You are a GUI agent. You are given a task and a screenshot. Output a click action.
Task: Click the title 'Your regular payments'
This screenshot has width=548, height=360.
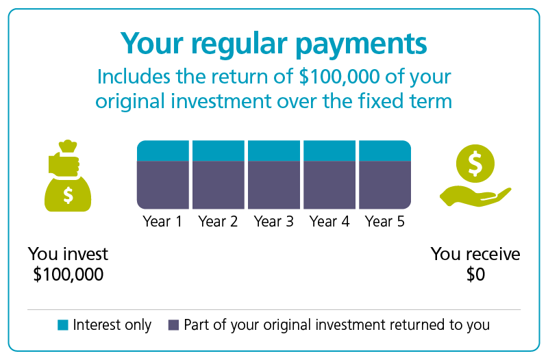tap(273, 44)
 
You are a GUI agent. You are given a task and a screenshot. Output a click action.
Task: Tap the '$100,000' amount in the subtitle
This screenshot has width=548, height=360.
tap(339, 77)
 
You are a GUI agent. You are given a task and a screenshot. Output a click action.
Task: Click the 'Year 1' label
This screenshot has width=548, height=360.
tap(162, 221)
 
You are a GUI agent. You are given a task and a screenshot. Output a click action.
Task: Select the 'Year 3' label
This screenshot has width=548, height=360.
tap(273, 221)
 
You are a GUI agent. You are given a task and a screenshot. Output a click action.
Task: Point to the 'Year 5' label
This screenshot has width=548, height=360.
tap(385, 221)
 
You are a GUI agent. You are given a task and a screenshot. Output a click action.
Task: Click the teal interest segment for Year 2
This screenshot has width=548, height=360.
tap(219, 151)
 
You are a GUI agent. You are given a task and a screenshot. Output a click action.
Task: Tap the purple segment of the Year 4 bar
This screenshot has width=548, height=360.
tap(329, 185)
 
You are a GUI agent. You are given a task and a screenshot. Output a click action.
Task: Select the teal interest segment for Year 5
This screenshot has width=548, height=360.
tap(385, 151)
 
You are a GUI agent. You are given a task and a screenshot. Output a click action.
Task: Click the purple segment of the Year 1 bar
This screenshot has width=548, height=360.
tap(163, 185)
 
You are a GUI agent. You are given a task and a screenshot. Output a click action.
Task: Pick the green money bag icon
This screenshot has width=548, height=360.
tap(68, 176)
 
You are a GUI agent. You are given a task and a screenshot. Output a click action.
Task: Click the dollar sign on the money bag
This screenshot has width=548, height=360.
tap(68, 195)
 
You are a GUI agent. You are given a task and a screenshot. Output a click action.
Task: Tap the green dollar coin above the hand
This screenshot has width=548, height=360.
tap(475, 164)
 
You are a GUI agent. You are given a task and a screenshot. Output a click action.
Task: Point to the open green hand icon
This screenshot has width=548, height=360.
tap(475, 196)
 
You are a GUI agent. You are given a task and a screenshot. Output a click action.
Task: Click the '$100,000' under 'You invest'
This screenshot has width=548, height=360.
tap(68, 274)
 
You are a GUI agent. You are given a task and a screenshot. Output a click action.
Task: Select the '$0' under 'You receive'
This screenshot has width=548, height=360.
tap(475, 274)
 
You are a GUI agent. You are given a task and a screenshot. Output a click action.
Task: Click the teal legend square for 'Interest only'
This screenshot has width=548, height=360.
tap(63, 324)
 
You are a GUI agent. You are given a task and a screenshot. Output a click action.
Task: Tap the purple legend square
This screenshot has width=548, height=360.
tap(174, 324)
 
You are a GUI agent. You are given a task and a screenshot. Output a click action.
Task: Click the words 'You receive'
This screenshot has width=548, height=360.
tap(475, 254)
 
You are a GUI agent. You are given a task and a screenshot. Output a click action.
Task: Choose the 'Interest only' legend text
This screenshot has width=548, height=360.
tap(112, 325)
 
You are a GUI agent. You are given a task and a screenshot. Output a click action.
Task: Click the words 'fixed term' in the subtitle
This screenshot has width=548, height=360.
tap(405, 101)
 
